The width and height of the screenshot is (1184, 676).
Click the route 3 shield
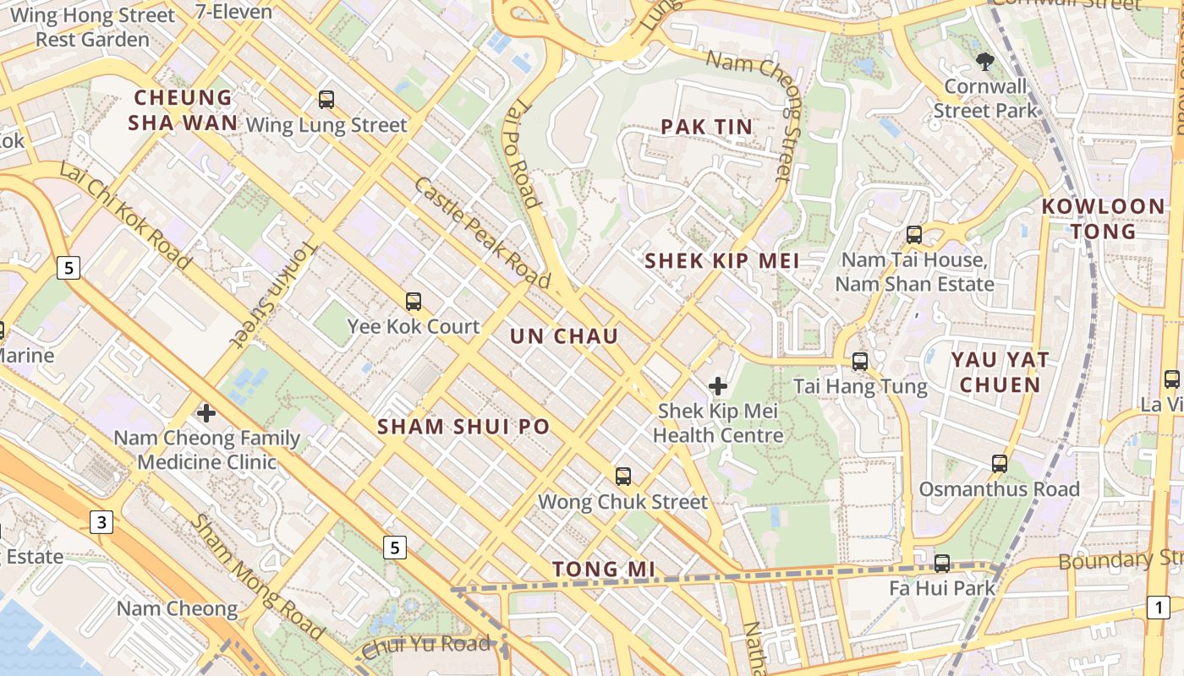(x=101, y=522)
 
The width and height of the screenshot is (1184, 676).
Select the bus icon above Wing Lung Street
(x=326, y=100)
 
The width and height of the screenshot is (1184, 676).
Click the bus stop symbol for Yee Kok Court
(x=414, y=302)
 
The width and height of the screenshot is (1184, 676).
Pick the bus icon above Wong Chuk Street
(x=623, y=477)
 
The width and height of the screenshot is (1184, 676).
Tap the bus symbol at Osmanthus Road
(x=1000, y=464)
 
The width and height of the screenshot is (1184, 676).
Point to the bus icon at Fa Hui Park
(x=942, y=563)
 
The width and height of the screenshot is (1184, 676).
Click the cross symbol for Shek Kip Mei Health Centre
(x=718, y=387)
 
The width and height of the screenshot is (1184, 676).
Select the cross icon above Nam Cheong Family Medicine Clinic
(x=206, y=413)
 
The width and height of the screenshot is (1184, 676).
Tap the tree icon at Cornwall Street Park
(x=984, y=61)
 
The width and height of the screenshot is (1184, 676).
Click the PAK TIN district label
(x=706, y=128)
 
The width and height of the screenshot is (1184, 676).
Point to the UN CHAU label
(x=564, y=336)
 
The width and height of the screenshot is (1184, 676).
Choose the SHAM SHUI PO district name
(x=463, y=427)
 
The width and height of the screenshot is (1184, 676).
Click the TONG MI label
(x=604, y=570)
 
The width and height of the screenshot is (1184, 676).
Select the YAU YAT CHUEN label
(x=1000, y=372)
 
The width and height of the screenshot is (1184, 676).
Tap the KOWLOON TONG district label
(x=1103, y=218)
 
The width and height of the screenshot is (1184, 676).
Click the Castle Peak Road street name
(x=480, y=233)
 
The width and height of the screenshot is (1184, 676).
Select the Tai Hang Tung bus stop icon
(x=860, y=362)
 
